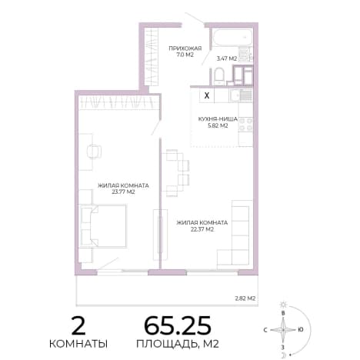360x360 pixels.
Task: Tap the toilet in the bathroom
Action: pos(219,76)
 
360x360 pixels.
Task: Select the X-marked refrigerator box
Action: pos(207,95)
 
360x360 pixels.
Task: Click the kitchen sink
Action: pos(241,95)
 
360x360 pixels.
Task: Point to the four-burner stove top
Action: pos(245,124)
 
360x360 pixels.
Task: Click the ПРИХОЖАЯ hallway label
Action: pos(185,48)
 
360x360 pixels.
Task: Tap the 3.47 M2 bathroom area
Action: pos(227,58)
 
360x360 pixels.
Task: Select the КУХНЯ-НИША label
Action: pos(218,119)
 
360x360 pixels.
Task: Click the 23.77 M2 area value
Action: pos(123,192)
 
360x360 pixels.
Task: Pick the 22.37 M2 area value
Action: pos(202,229)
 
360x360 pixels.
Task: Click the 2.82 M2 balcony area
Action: pos(245,298)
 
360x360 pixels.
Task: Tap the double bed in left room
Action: pos(103,225)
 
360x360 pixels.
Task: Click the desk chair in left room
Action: pos(94,152)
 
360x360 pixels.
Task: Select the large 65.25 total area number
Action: pos(178,325)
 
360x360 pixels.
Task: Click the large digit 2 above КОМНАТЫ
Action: pos(78,325)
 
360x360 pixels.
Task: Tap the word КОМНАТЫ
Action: pos(78,344)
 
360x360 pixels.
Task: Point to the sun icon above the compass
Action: pos(283,305)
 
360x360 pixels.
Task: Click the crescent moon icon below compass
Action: pos(284,355)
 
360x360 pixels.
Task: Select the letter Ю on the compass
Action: pos(301,329)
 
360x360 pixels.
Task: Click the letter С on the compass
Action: pos(265,330)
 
